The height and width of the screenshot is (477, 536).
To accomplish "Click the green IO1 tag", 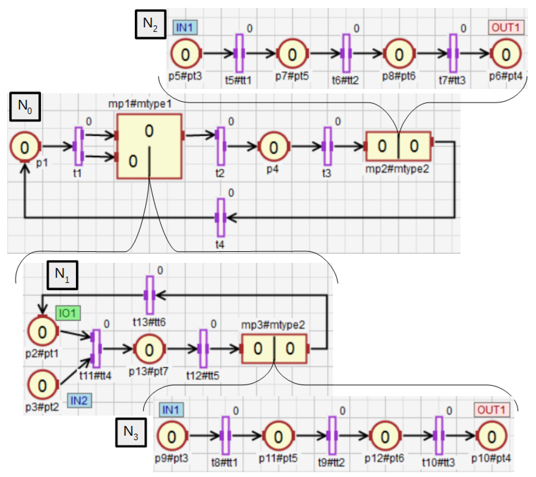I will (x=68, y=313).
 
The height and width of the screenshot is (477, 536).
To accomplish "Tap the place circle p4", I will (x=273, y=147).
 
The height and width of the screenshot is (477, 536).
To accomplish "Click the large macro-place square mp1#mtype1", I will (x=149, y=146).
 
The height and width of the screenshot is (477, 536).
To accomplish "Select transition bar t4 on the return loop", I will (x=221, y=218).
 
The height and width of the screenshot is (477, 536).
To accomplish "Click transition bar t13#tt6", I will (x=149, y=295).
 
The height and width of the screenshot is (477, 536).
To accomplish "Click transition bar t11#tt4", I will (x=96, y=349).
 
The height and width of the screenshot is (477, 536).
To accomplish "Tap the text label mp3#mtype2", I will (x=273, y=325).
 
